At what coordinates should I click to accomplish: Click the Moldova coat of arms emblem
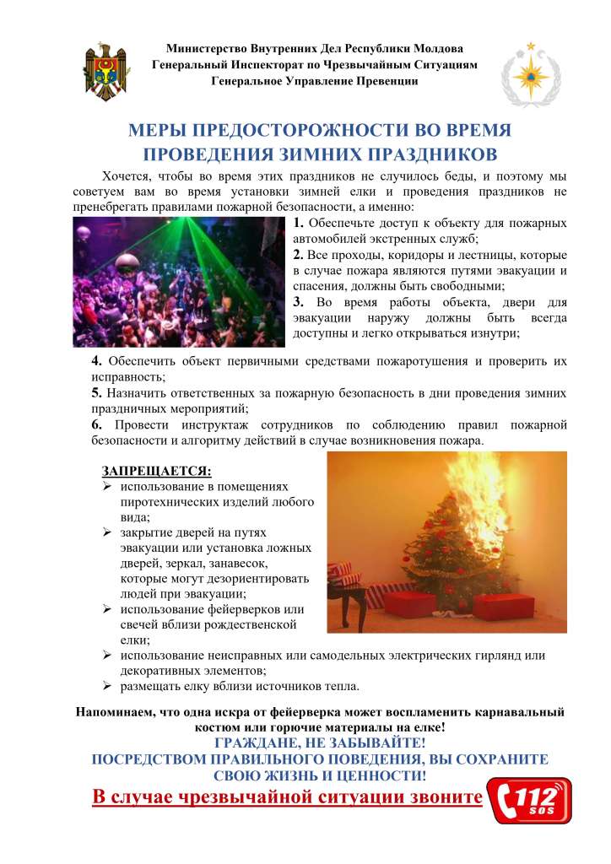105,70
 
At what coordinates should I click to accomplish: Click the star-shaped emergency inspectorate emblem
530,71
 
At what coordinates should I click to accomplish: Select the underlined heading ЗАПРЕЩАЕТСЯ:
157,470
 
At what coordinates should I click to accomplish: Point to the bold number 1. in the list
299,224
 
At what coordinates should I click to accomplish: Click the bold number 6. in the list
97,424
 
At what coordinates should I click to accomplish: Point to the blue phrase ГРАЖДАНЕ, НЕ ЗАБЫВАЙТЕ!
320,743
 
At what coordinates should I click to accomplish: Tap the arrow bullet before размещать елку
108,685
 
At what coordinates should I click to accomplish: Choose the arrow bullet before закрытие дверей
108,533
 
